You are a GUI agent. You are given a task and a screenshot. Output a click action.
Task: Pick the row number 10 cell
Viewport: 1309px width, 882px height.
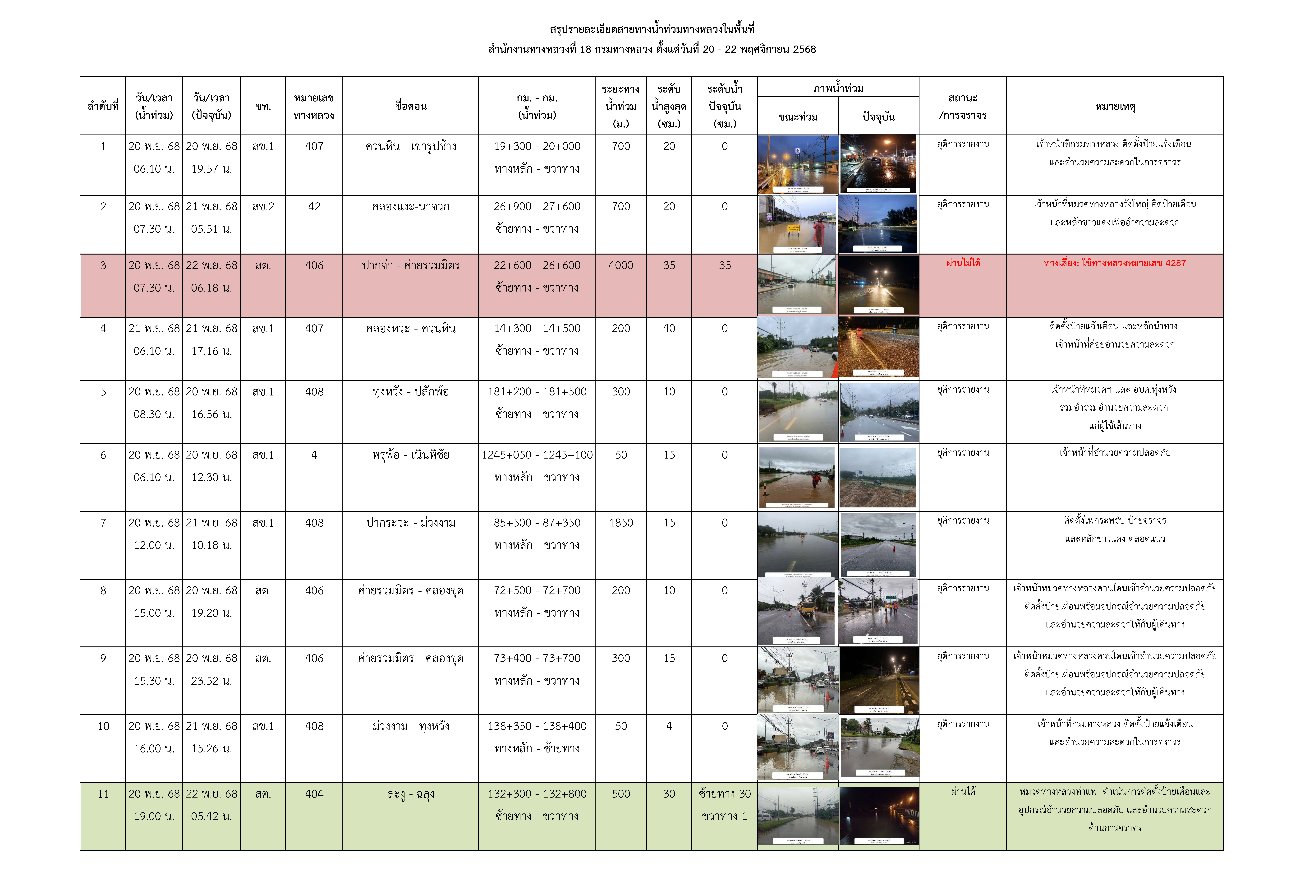pos(103,726)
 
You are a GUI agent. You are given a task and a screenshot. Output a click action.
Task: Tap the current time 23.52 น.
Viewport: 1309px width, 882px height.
pos(211,681)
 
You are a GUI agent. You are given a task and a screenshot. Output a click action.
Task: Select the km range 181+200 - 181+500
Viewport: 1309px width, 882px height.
pos(537,391)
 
